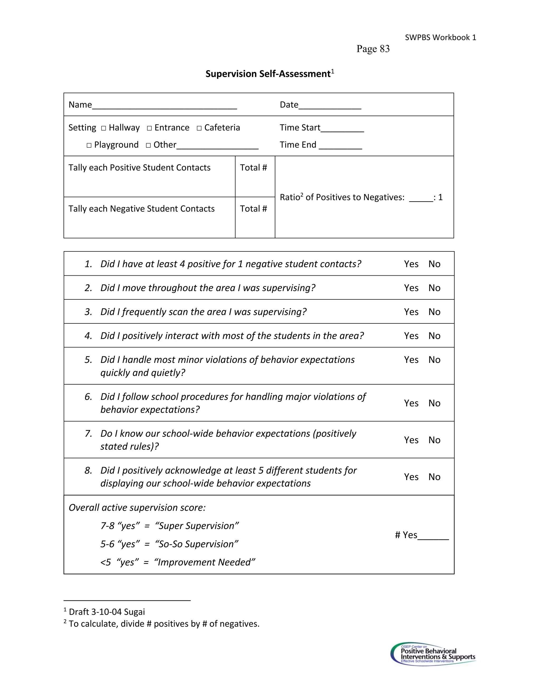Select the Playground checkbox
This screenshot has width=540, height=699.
89,146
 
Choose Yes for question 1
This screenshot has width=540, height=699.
411,264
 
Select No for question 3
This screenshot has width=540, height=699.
434,312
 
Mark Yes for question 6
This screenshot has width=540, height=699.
411,403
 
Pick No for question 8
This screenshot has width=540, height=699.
434,477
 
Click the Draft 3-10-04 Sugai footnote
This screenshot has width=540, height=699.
107,612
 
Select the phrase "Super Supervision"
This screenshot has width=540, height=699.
197,526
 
